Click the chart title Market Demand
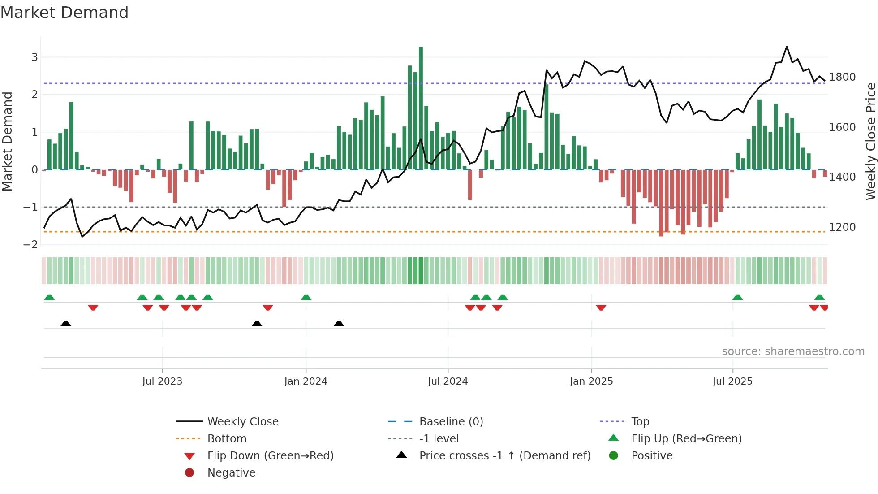(x=65, y=13)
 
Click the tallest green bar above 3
(x=421, y=108)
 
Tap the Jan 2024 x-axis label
(x=306, y=381)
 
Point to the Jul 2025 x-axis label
(x=732, y=381)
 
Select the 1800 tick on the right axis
(x=842, y=77)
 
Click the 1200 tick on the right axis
(x=842, y=227)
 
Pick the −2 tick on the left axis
(x=31, y=245)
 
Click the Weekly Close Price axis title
(x=870, y=141)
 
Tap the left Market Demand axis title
(x=8, y=141)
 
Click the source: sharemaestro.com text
(x=793, y=351)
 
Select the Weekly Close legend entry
(x=242, y=422)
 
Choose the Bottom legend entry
(x=227, y=439)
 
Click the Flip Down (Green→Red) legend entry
(x=270, y=456)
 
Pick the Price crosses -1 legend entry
(x=504, y=456)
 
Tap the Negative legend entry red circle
(x=189, y=473)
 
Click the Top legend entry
(x=640, y=422)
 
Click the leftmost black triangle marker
(x=66, y=323)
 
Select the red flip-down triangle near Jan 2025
(x=601, y=308)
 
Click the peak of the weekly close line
(x=787, y=47)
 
